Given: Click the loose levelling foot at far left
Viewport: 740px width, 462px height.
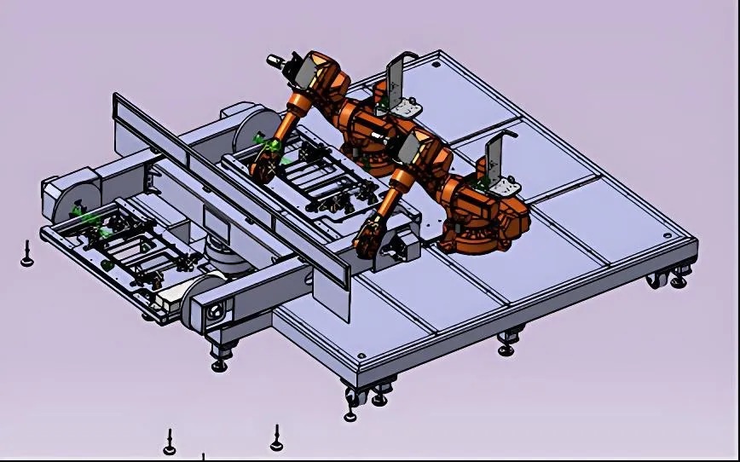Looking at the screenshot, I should (x=27, y=255).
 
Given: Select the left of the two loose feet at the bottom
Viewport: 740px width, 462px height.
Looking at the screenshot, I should (x=170, y=442).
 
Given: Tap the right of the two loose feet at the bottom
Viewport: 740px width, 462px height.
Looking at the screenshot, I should (x=277, y=438).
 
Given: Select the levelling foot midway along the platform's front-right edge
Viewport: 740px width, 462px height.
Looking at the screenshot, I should (x=506, y=343).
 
